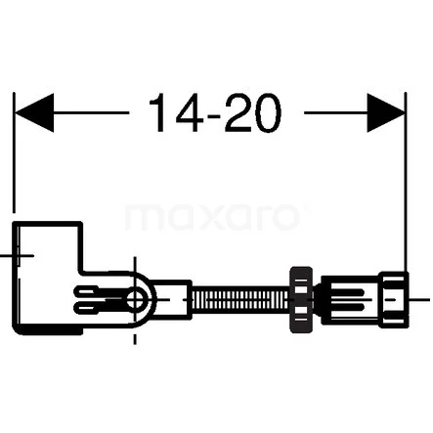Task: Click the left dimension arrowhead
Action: (34, 112)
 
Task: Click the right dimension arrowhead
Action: (386, 112)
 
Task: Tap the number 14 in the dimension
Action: (176, 112)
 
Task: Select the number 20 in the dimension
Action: (252, 112)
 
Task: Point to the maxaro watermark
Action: (212, 216)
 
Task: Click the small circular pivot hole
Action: (136, 299)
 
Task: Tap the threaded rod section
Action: (241, 299)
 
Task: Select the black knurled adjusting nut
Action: (301, 299)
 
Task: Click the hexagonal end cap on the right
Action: (395, 299)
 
